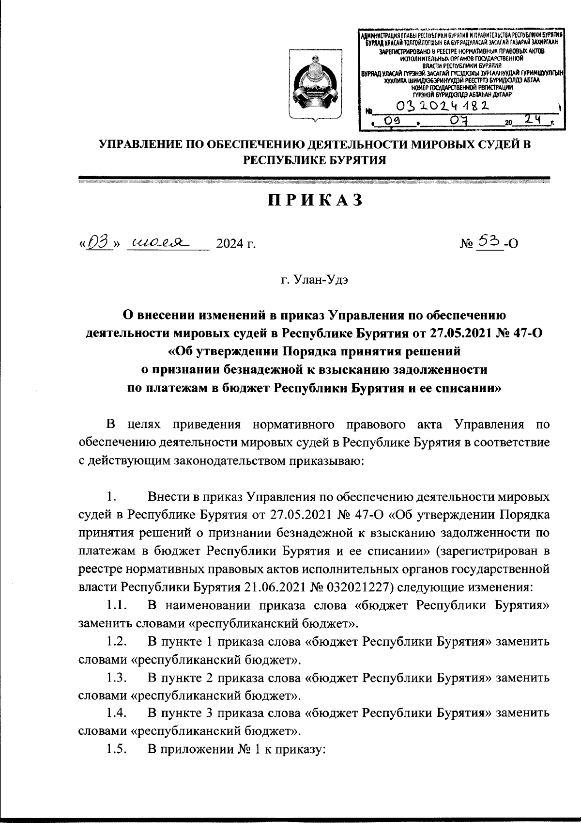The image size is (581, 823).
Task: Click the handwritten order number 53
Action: (x=487, y=240)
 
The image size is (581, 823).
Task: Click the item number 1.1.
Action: (x=117, y=605)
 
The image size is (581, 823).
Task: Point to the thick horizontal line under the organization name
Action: (x=314, y=178)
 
